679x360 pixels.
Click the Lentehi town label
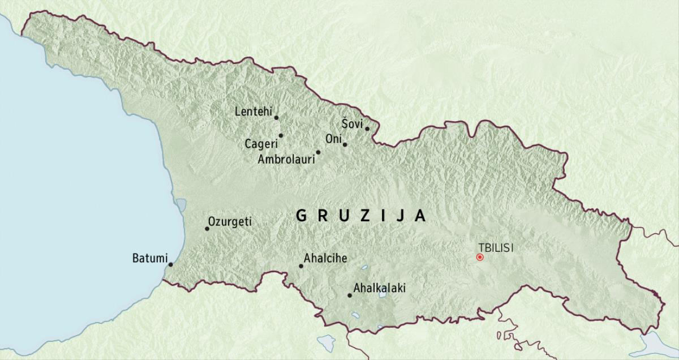point(252,112)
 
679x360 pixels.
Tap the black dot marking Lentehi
point(276,118)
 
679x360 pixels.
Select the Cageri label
point(261,144)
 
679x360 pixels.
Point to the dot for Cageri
point(281,135)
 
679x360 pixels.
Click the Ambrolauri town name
point(286,160)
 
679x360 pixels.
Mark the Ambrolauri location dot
point(318,152)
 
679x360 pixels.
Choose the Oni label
point(333,139)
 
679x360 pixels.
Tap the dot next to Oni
point(345,144)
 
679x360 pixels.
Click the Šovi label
point(352,123)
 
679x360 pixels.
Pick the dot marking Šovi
point(367,128)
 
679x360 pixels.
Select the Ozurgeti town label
point(230,222)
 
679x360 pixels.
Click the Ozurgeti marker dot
point(207,229)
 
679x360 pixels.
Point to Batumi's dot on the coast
point(170,264)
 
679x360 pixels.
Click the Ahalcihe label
point(325,259)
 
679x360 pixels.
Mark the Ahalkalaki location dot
point(349,295)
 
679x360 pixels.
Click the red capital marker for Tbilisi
point(480,257)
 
